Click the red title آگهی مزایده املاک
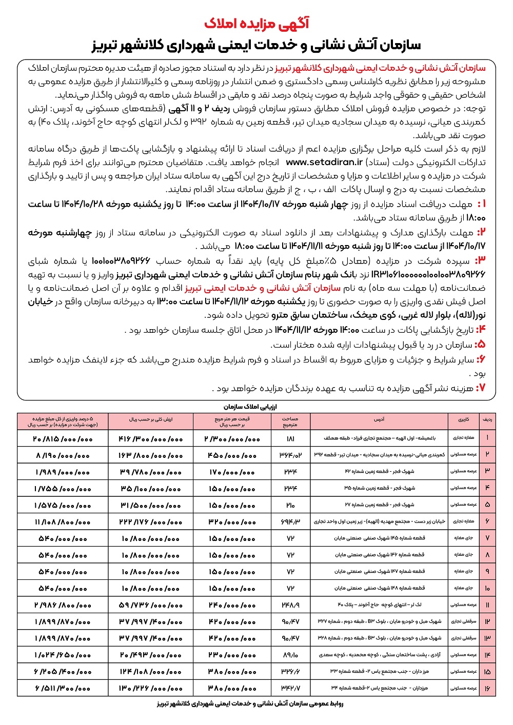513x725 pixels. [256, 23]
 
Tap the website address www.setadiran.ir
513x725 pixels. [324, 162]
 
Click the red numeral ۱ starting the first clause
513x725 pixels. [481, 204]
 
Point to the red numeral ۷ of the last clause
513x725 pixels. [481, 388]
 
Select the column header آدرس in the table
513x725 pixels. [379, 419]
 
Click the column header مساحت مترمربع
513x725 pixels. [290, 421]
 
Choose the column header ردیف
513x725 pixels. [487, 419]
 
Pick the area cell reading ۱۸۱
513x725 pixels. [291, 438]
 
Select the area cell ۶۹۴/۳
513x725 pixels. [290, 521]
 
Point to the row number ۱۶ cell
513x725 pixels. [487, 688]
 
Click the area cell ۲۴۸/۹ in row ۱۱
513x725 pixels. [290, 605]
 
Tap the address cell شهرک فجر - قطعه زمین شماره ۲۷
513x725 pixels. [379, 505]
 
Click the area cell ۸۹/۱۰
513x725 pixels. [290, 655]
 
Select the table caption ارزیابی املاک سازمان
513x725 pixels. [257, 406]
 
